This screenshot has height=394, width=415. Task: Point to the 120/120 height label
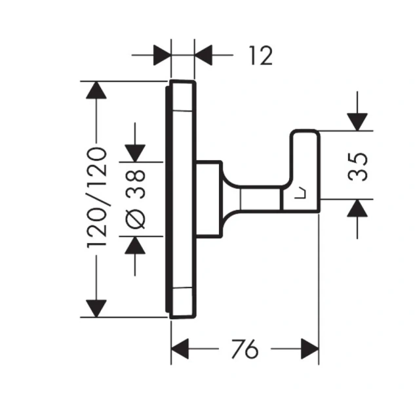(x=96, y=197)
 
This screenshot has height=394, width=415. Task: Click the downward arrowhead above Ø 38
(x=135, y=152)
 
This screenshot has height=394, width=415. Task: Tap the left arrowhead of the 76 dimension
(x=180, y=348)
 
